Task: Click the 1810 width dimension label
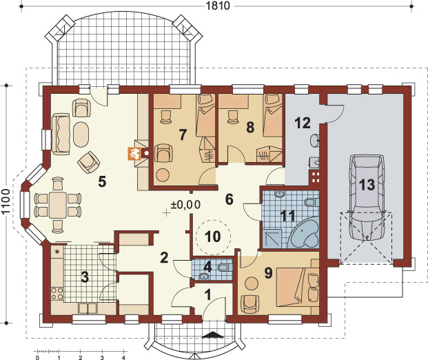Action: tap(217, 6)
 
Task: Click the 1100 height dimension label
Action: tap(6, 201)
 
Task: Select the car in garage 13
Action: tap(366, 197)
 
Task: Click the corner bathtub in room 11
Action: tap(305, 234)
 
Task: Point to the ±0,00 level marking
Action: tap(185, 205)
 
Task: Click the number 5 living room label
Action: tap(102, 181)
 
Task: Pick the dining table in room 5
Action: tap(58, 205)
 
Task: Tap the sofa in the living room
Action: tap(61, 134)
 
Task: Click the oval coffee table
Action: tap(81, 134)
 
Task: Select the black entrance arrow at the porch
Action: tap(212, 335)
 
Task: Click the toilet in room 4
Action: tap(225, 267)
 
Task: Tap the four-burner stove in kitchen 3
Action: tap(57, 293)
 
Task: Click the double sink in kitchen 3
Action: tap(88, 308)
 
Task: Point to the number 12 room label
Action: tap(303, 123)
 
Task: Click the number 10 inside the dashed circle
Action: tap(213, 237)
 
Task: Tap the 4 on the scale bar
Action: tap(123, 357)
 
